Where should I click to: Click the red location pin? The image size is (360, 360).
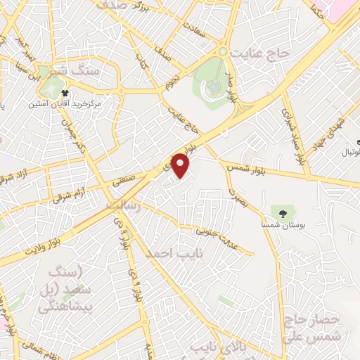[181, 165]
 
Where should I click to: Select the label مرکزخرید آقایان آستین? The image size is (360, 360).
[65, 103]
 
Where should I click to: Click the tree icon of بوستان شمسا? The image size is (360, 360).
[283, 212]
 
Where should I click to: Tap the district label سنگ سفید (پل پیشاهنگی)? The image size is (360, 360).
[63, 289]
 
